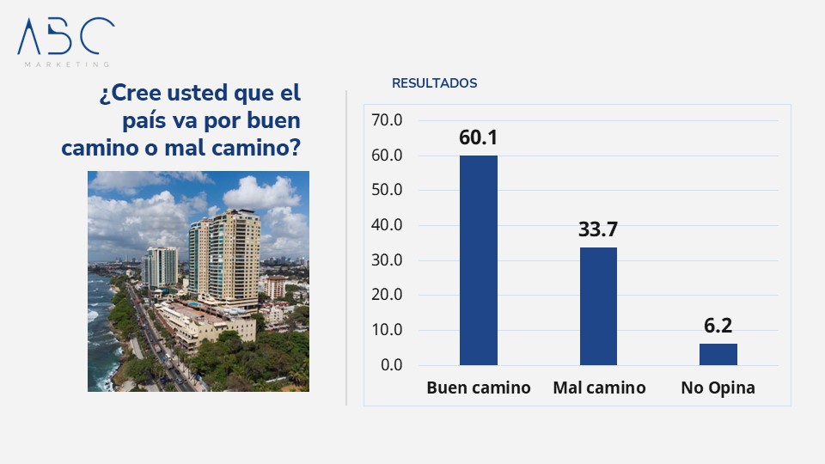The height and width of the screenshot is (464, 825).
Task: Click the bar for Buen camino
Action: [478, 260]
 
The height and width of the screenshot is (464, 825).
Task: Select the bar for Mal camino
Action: [598, 306]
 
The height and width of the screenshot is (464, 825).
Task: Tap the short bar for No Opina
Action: [718, 354]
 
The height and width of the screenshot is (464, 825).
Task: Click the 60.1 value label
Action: [479, 138]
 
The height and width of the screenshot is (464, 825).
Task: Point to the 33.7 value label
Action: [598, 229]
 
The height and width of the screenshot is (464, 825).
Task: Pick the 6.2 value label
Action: [718, 326]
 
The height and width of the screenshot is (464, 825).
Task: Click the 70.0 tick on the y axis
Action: [387, 120]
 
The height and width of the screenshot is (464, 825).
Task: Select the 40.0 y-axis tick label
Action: [387, 225]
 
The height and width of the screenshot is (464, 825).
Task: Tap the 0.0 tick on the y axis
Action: [391, 365]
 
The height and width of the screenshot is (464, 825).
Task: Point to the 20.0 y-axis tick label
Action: [387, 296]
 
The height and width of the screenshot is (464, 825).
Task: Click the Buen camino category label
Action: [479, 388]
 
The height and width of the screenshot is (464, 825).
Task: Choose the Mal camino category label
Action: [599, 388]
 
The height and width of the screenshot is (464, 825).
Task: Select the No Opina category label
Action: [718, 388]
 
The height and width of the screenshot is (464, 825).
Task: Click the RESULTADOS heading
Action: [434, 83]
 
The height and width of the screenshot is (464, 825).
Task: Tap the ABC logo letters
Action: [65, 36]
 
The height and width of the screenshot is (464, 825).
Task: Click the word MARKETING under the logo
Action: [66, 64]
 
